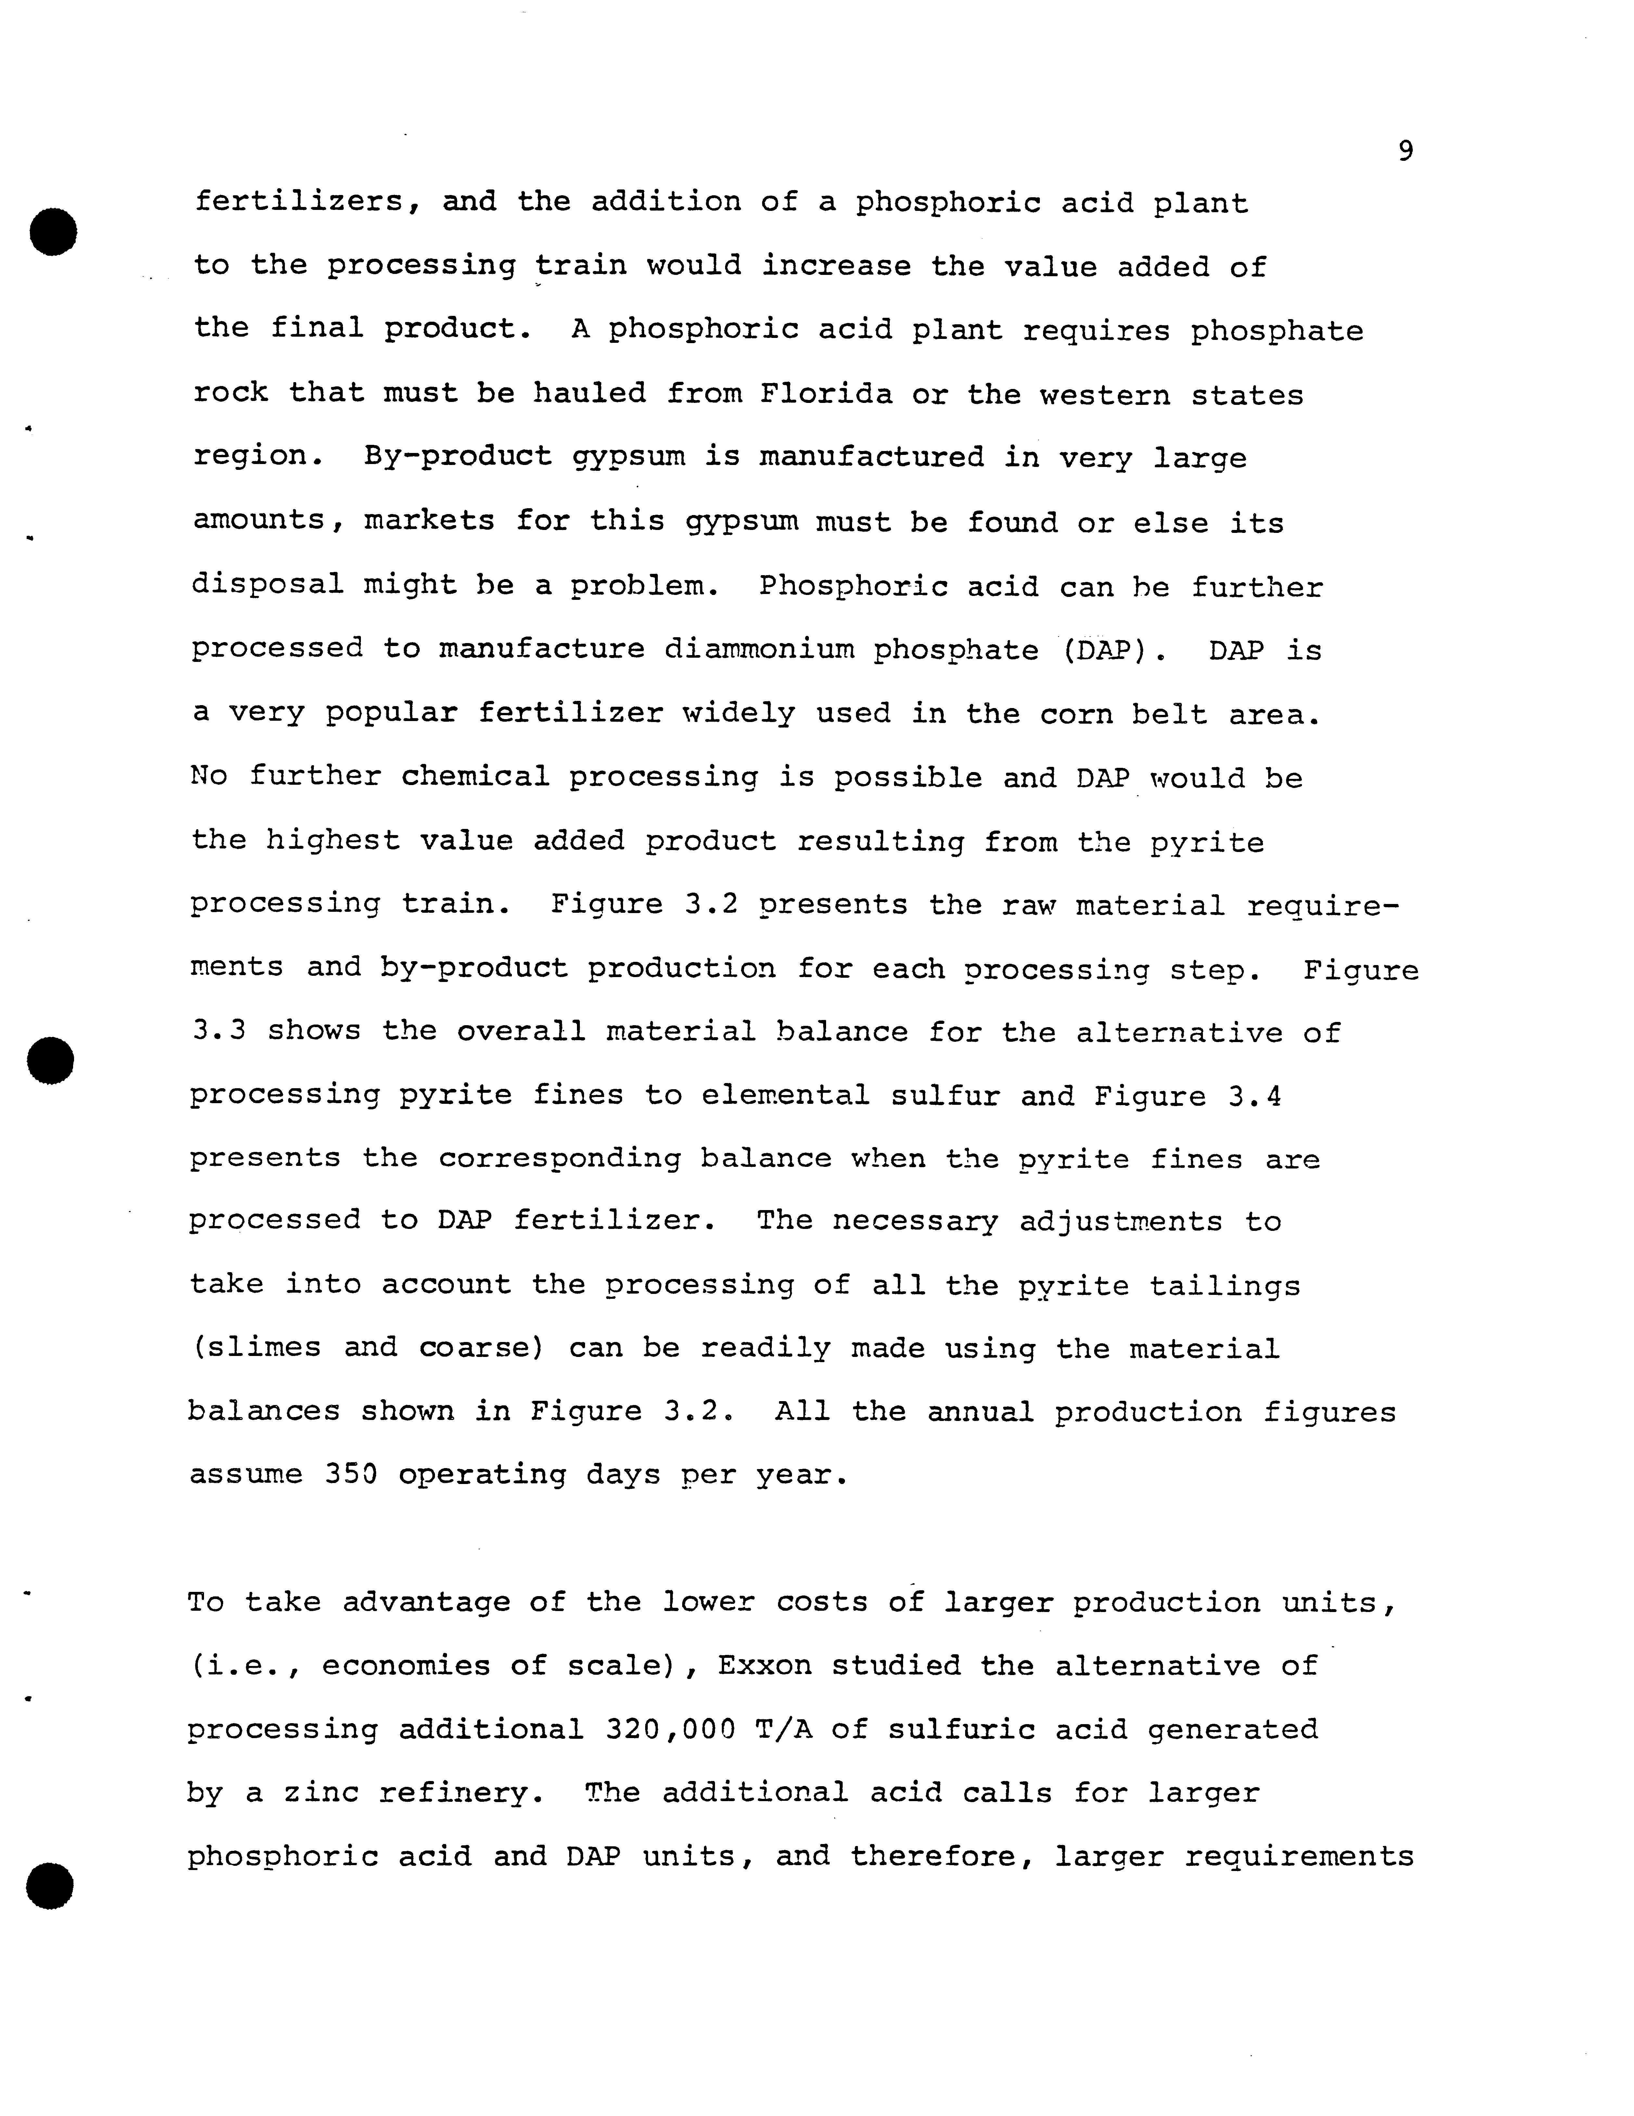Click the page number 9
[1405, 151]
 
